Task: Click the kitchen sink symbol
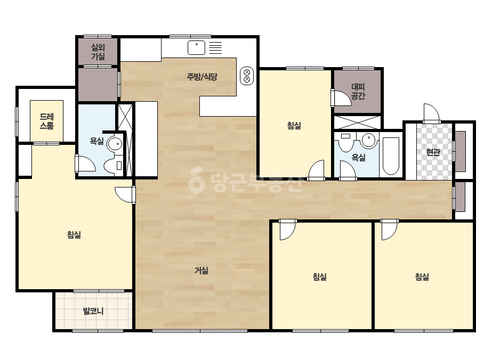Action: [196, 48]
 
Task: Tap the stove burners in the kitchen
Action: [247, 76]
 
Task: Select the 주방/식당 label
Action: [202, 77]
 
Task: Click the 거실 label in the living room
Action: [201, 271]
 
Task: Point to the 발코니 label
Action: [93, 311]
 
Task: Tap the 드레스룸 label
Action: [47, 121]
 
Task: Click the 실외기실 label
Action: [98, 52]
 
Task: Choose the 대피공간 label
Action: [358, 91]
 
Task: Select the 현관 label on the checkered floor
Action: [433, 152]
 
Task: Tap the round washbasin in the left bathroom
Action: [115, 144]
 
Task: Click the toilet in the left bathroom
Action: [113, 165]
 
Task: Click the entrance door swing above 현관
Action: [431, 113]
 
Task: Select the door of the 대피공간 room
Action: [341, 99]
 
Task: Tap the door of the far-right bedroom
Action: [390, 230]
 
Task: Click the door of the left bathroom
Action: [85, 163]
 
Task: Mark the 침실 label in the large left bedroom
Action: [74, 234]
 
